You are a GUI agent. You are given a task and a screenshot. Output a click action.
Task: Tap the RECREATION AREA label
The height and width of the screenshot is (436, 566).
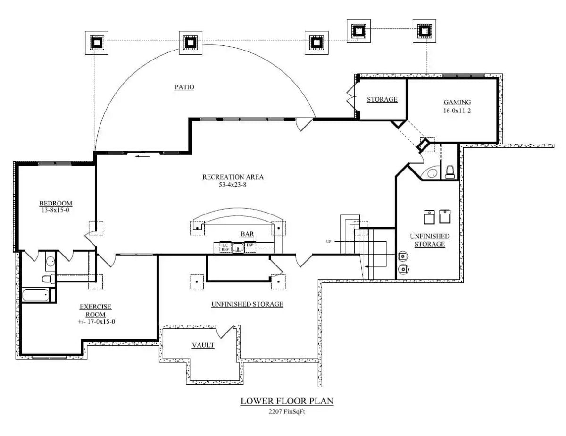tap(233, 177)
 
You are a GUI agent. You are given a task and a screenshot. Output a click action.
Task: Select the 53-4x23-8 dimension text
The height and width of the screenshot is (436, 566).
tap(233, 185)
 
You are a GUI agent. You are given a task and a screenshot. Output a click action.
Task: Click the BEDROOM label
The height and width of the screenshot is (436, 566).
tap(56, 204)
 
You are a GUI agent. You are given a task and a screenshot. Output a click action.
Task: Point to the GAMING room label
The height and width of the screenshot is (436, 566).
tap(457, 102)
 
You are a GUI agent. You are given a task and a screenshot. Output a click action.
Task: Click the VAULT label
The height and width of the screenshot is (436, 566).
tap(203, 345)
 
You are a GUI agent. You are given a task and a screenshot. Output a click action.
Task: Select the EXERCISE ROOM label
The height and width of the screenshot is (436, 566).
tap(95, 310)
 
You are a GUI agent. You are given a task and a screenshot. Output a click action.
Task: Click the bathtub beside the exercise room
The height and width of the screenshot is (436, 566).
tap(35, 296)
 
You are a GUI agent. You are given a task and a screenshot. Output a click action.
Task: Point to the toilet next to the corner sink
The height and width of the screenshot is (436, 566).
tap(450, 171)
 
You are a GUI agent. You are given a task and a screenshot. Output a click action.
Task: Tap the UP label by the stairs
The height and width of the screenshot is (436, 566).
tap(328, 241)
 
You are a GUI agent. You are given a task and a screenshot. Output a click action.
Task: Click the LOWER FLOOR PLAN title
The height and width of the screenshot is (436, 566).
tap(287, 401)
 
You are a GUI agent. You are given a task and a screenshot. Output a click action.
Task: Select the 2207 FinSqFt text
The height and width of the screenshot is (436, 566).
tap(287, 411)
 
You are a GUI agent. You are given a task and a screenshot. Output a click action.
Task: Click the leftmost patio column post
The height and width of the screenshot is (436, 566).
tap(96, 43)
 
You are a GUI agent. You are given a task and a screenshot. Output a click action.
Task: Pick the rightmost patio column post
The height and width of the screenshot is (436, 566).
tap(424, 31)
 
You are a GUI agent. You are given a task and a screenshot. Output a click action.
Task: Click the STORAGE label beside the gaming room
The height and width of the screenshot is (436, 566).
tap(382, 99)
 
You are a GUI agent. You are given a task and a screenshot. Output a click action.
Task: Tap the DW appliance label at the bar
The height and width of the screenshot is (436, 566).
tap(250, 245)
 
